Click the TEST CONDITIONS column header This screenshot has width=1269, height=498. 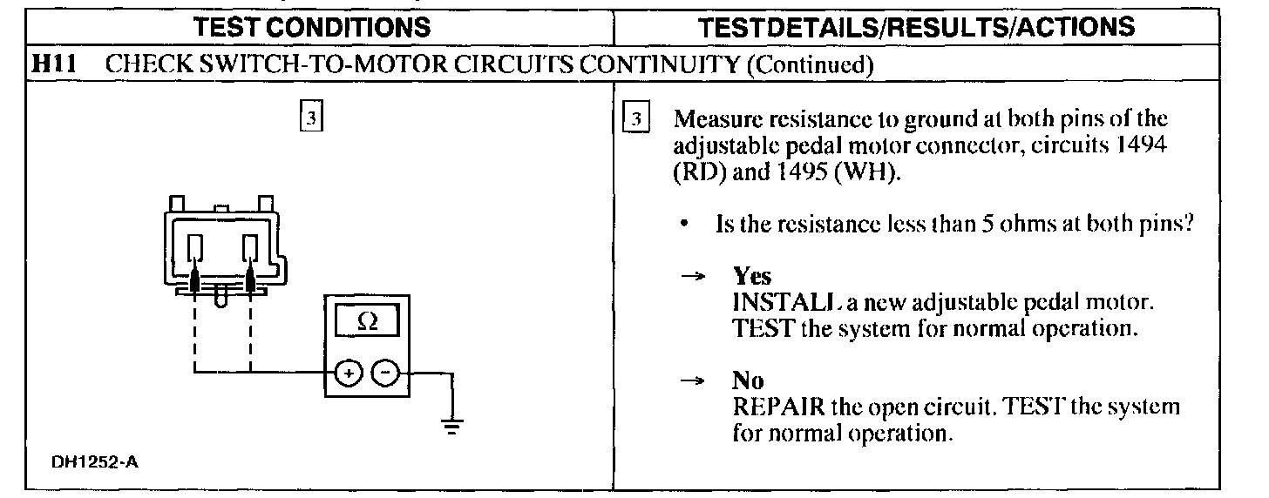point(313,27)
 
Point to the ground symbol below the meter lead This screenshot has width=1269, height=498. point(451,426)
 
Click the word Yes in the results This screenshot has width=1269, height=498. point(752,276)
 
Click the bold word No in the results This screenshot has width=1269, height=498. point(748,380)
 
